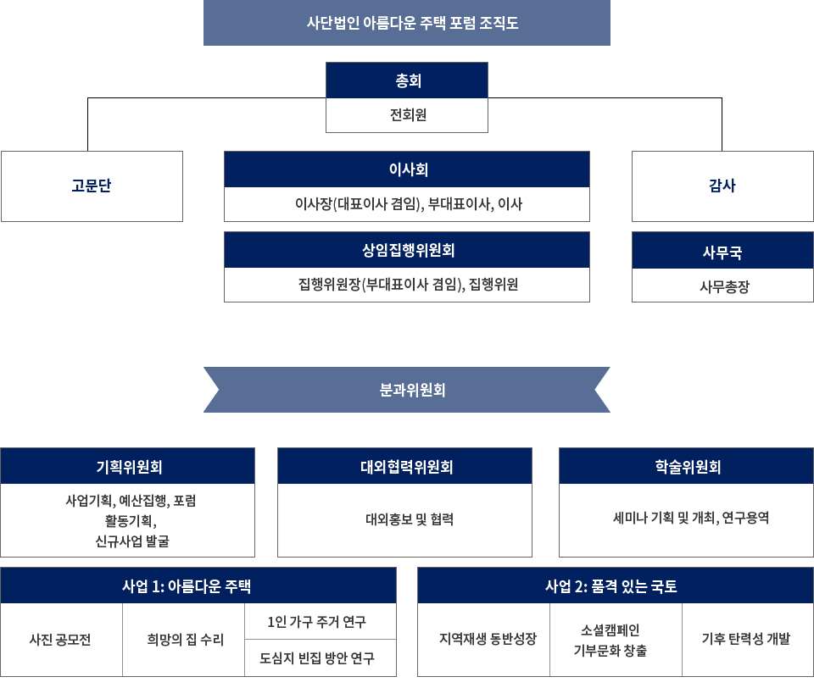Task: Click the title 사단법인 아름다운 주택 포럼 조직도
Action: [407, 23]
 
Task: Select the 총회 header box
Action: [407, 80]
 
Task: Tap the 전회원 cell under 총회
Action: [407, 115]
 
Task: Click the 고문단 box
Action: [92, 186]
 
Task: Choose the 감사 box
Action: [722, 186]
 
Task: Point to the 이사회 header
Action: [407, 169]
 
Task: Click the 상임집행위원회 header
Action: [407, 250]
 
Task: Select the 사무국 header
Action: [722, 252]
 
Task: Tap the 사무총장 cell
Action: [722, 286]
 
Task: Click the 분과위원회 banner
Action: [407, 390]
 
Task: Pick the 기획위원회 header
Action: [128, 466]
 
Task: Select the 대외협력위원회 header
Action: [405, 466]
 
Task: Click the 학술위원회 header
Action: [686, 466]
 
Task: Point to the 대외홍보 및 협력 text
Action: [405, 519]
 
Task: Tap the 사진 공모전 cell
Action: [61, 640]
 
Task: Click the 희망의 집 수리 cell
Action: [184, 640]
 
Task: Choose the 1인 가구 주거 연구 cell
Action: [320, 622]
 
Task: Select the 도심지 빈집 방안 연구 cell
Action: [320, 658]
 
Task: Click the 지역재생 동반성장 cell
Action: [484, 640]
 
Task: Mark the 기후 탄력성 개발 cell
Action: [747, 640]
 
